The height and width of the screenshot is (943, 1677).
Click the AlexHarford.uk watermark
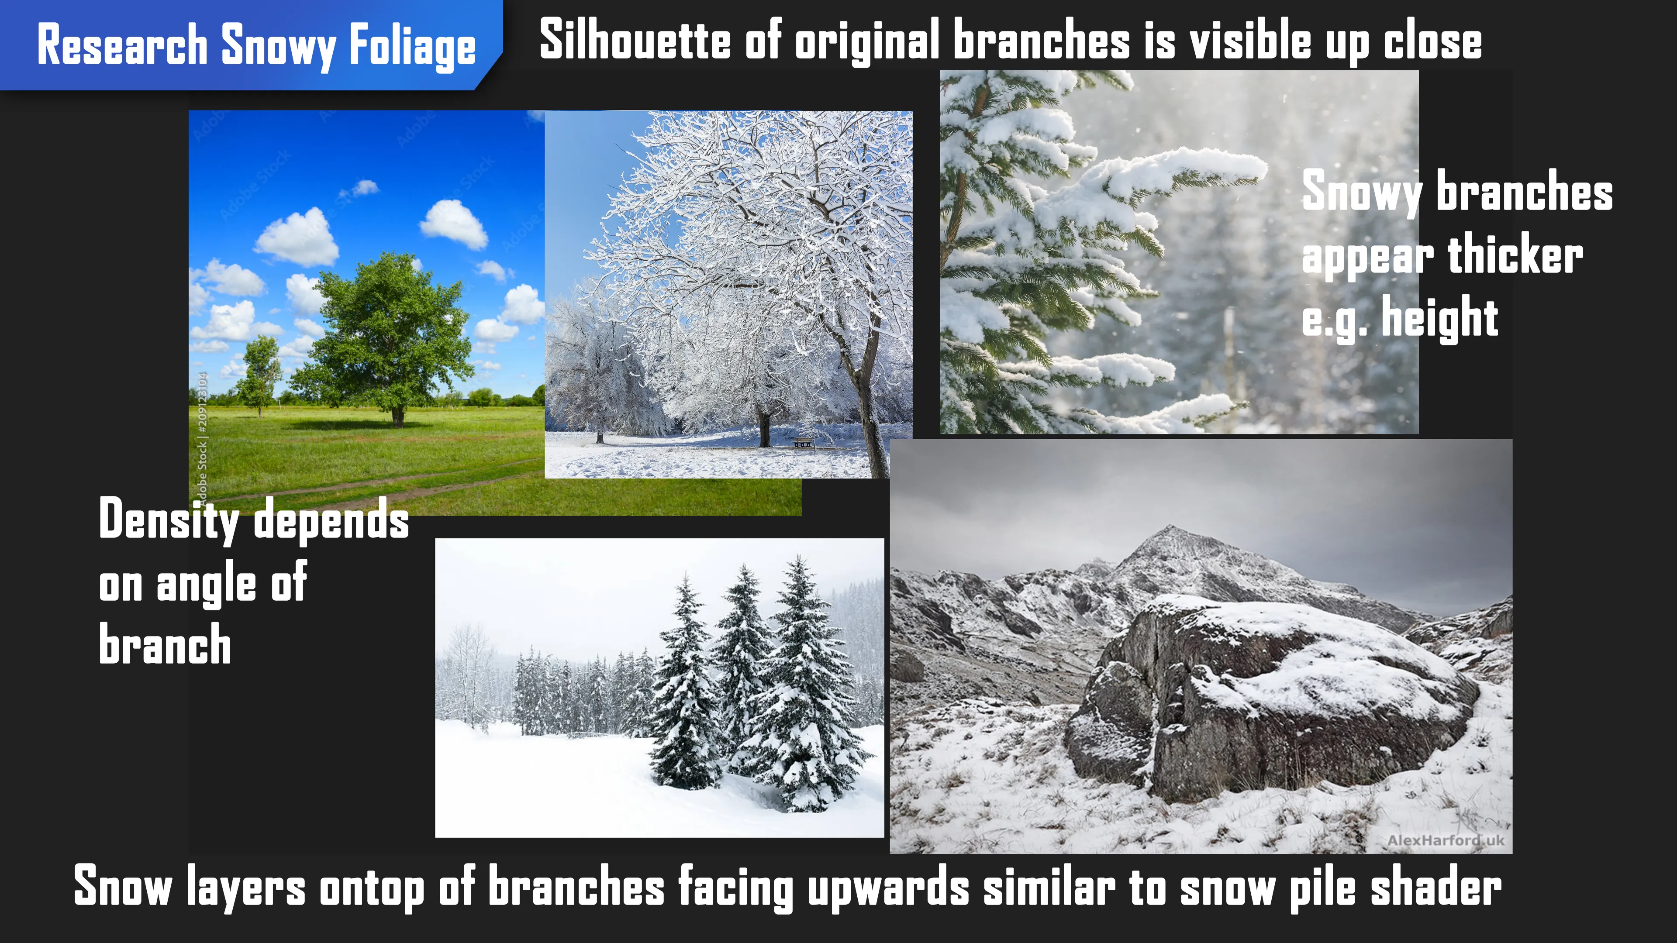click(1445, 840)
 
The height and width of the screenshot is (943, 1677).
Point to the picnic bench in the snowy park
click(803, 443)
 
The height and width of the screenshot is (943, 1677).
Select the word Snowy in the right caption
click(1363, 193)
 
